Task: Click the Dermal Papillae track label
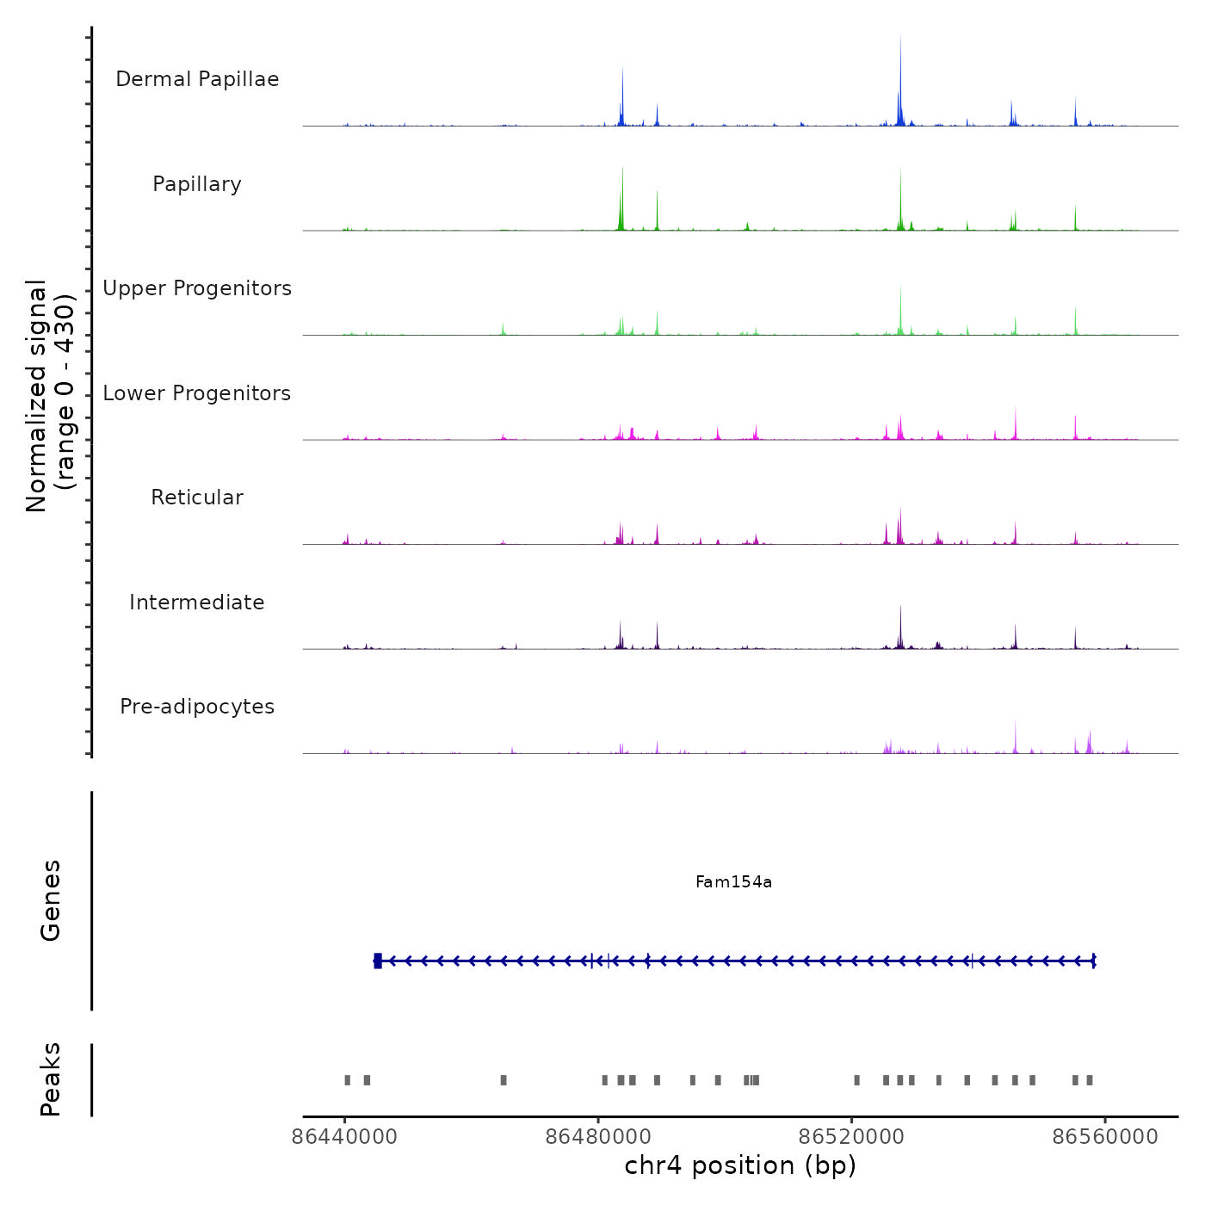tap(197, 79)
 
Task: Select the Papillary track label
tap(197, 184)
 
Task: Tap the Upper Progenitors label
tap(197, 288)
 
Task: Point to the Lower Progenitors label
tap(197, 393)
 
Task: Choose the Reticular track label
tap(197, 497)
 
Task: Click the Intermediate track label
tap(197, 602)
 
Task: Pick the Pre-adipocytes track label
tap(197, 707)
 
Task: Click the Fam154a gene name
tap(733, 881)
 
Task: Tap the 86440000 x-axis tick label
tap(344, 1137)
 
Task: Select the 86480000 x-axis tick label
tap(598, 1137)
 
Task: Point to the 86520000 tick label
tap(851, 1137)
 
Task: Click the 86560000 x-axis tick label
tap(1105, 1137)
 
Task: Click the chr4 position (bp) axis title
tap(740, 1165)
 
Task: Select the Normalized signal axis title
tap(50, 396)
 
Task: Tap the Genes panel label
tap(50, 900)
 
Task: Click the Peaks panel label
tap(50, 1079)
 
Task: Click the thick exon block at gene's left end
tap(378, 961)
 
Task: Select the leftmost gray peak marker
tap(347, 1080)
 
